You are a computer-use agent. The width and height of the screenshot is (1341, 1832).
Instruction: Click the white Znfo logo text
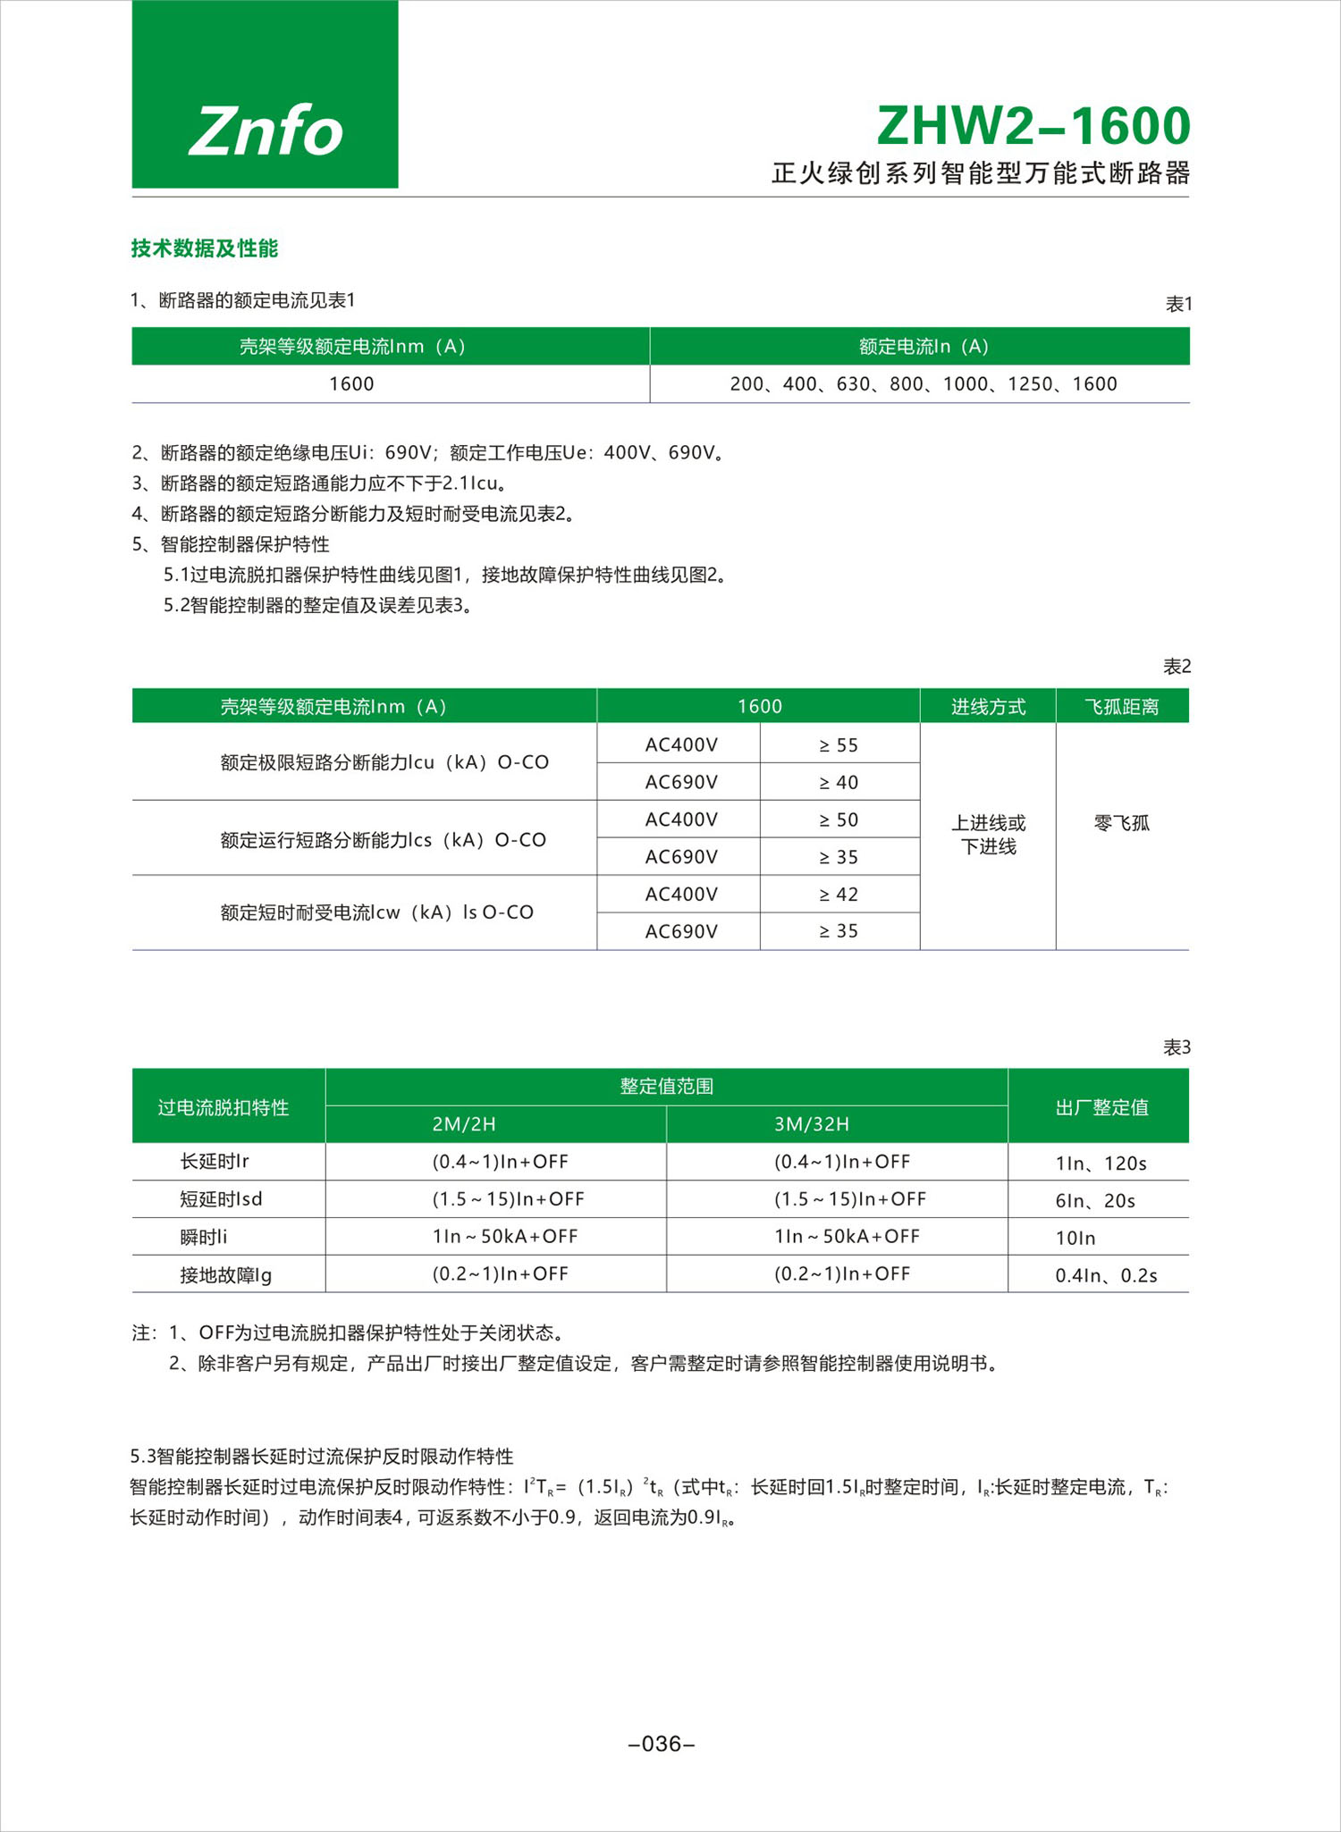(266, 131)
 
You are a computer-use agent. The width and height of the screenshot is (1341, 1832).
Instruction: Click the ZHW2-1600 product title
(1033, 126)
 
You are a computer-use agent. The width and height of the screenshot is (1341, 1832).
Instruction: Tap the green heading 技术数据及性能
(205, 248)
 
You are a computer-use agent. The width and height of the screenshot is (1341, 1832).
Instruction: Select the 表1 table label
(1177, 305)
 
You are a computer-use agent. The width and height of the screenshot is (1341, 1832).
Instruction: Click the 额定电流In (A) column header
(923, 347)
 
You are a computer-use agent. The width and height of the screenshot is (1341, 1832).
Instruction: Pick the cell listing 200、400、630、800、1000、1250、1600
(923, 384)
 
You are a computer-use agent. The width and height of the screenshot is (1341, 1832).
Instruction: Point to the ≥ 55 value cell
(839, 745)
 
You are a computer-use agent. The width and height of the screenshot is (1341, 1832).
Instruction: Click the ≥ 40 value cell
(839, 783)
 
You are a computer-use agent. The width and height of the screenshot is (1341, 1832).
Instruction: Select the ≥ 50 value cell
(839, 820)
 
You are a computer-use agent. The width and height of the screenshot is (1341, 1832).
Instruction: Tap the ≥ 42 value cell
(839, 895)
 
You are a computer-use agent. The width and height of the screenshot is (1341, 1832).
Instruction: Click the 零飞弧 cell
(1121, 823)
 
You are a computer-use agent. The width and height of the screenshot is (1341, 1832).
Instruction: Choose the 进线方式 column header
(988, 707)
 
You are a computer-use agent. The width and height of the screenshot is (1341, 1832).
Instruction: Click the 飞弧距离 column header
(1121, 707)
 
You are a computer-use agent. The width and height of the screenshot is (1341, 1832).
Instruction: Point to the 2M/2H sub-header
(463, 1124)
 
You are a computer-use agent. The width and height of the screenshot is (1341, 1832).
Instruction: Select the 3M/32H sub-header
(811, 1124)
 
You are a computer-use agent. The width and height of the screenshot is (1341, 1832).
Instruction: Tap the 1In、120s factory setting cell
(1101, 1164)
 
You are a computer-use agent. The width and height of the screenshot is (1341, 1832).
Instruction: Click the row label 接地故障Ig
(225, 1275)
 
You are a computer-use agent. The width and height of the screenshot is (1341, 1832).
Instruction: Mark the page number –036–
(662, 1744)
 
